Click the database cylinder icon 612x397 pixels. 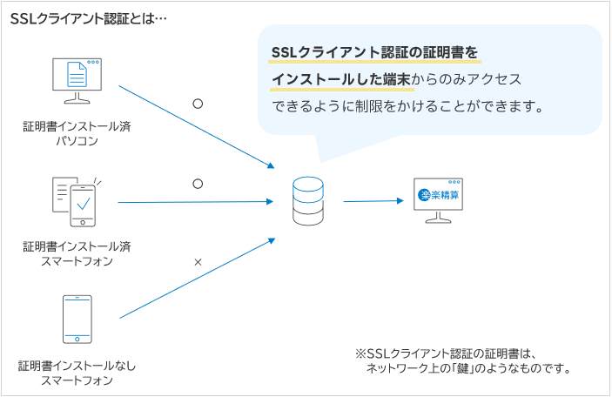pyautogui.click(x=306, y=202)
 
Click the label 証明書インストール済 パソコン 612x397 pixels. pyautogui.click(x=77, y=133)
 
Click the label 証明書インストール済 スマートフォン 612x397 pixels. pyautogui.click(x=77, y=252)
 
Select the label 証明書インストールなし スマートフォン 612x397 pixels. pyautogui.click(x=77, y=372)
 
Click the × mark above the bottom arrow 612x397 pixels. pyautogui.click(x=198, y=261)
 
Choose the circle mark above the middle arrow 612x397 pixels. pyautogui.click(x=198, y=184)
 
